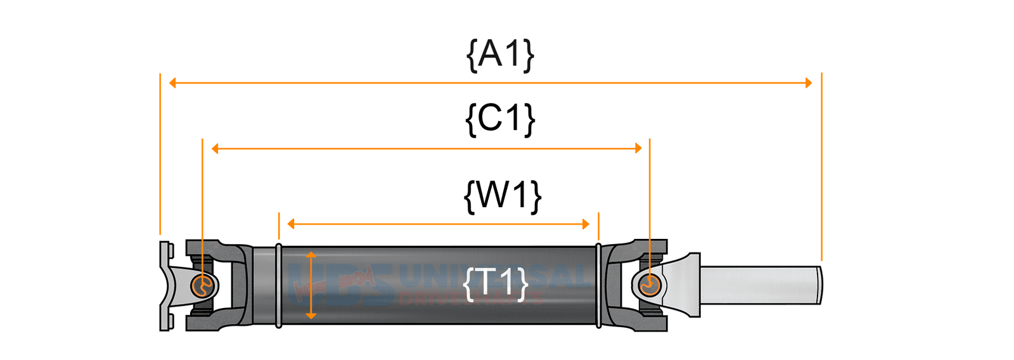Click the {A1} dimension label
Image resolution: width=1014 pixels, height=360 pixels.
click(x=500, y=55)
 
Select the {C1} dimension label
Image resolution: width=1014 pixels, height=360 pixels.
click(x=500, y=119)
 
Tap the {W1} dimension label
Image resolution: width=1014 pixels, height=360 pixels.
click(x=503, y=195)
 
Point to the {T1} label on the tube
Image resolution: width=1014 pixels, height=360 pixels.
click(x=496, y=283)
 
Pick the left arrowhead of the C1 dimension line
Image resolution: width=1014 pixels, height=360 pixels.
click(x=215, y=148)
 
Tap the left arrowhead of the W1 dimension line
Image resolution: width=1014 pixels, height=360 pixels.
click(x=291, y=224)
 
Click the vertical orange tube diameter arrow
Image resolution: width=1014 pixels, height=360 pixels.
click(x=311, y=285)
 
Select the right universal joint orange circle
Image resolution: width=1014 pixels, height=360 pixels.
click(x=650, y=286)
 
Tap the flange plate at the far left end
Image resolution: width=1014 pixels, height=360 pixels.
click(x=165, y=285)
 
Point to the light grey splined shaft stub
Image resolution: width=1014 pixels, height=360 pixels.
click(x=760, y=285)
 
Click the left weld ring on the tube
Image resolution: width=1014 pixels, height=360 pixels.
click(x=279, y=285)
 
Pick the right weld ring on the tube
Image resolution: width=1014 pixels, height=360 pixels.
click(x=599, y=285)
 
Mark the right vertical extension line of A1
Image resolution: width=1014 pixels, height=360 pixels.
click(x=821, y=165)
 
